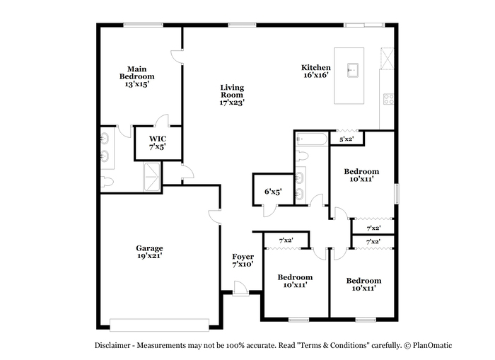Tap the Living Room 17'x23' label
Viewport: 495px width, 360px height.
point(232,95)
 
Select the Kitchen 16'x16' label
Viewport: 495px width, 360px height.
point(315,71)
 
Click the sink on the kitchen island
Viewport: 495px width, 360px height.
point(353,70)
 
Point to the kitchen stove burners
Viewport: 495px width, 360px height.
point(389,99)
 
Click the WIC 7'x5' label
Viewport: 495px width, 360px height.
point(158,142)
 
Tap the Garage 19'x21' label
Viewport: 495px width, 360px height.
point(150,252)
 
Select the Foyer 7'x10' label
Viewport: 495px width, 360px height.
point(243,260)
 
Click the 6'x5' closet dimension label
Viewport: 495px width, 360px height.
point(273,192)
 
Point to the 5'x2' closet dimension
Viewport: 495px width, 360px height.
point(346,139)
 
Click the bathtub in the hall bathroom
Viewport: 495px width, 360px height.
point(312,139)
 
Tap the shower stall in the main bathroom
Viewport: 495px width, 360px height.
point(152,177)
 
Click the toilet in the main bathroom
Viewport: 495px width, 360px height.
point(107,182)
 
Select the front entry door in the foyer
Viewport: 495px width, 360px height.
point(240,289)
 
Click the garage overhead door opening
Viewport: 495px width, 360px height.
point(159,325)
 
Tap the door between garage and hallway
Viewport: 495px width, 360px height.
point(215,216)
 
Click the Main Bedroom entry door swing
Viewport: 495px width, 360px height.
point(177,57)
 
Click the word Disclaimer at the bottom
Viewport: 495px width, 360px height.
point(112,345)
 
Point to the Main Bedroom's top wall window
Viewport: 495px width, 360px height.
point(143,25)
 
